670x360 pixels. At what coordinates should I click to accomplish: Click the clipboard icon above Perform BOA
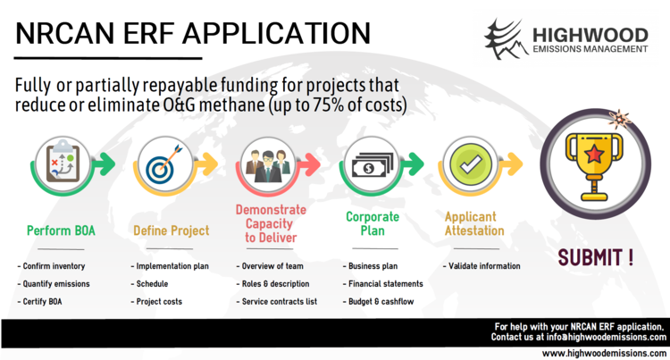[x=63, y=163]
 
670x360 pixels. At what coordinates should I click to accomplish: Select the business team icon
[x=268, y=166]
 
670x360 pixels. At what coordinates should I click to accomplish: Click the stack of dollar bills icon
[x=372, y=165]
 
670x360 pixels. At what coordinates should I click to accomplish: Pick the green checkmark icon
[x=470, y=164]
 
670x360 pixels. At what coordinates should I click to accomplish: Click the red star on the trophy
[x=594, y=154]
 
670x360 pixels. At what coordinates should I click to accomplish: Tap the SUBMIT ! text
[x=596, y=257]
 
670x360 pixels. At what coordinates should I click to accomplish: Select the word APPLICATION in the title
[x=277, y=33]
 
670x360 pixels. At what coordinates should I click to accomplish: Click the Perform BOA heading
[x=61, y=230]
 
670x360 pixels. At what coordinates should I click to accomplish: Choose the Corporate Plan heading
[x=373, y=223]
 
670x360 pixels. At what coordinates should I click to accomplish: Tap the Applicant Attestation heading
[x=474, y=223]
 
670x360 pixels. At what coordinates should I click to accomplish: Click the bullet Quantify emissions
[x=54, y=283]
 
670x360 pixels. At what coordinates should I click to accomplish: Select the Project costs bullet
[x=156, y=302]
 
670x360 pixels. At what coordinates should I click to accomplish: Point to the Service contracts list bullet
[x=276, y=302]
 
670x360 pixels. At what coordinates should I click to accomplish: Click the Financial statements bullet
[x=383, y=283]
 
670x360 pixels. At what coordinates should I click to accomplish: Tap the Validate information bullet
[x=482, y=266]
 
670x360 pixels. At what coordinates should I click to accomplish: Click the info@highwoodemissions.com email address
[x=607, y=337]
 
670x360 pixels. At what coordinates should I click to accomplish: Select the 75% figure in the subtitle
[x=328, y=105]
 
